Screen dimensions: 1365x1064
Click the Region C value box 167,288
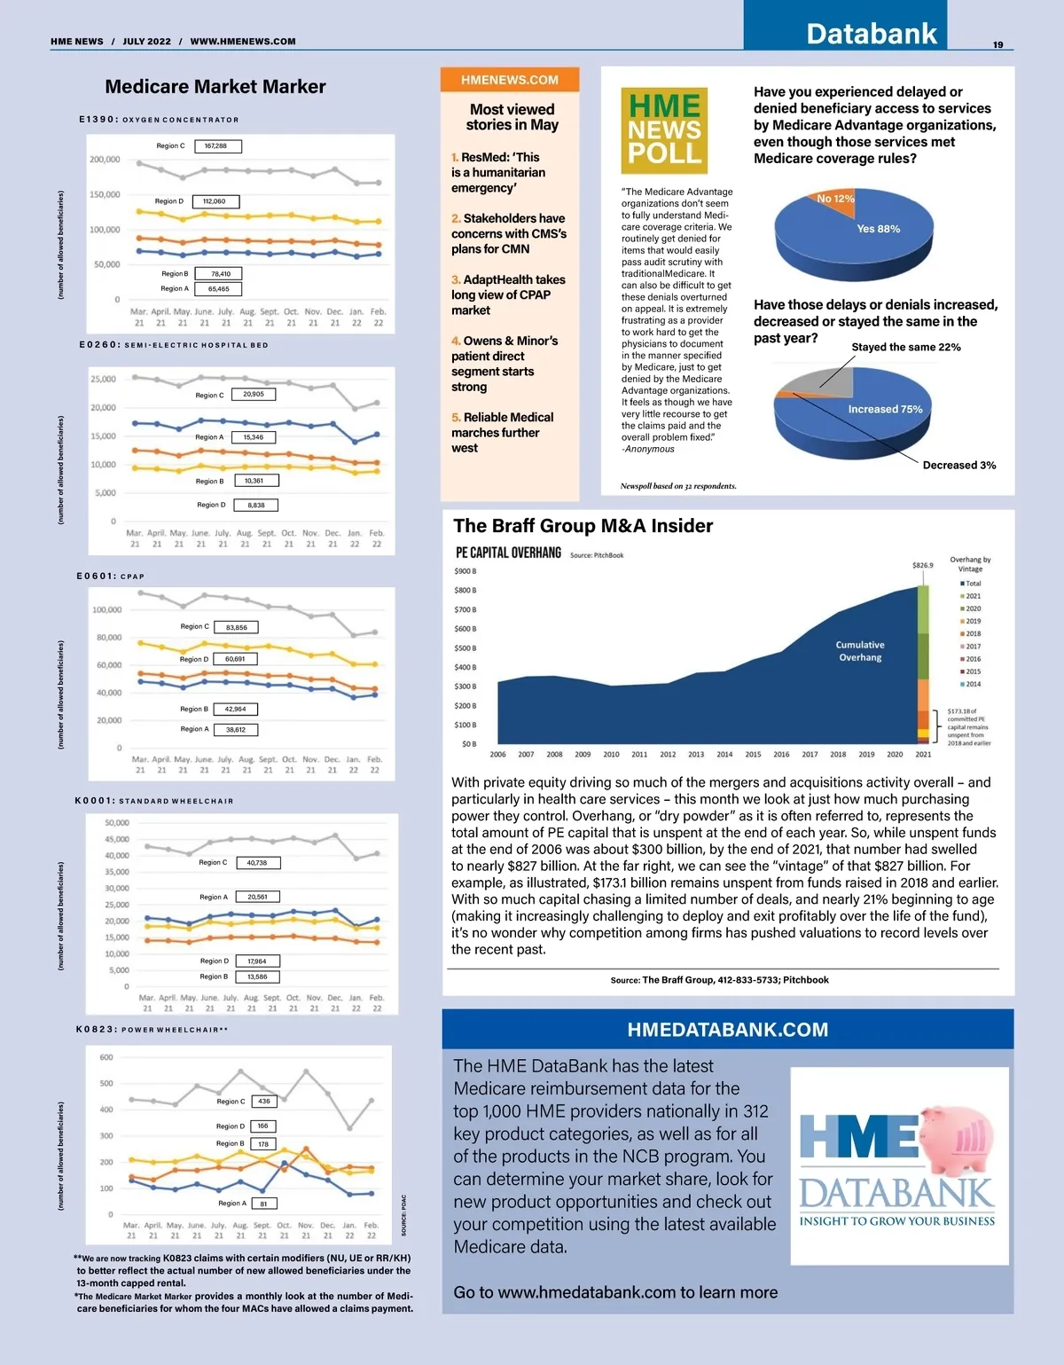click(216, 146)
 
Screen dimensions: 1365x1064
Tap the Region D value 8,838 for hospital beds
click(256, 506)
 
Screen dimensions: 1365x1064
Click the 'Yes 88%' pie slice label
click(878, 229)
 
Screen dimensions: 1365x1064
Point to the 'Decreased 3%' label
click(958, 465)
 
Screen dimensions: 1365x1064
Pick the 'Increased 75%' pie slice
click(884, 409)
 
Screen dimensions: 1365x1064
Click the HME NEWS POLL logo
click(664, 130)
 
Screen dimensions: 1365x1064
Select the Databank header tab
click(871, 34)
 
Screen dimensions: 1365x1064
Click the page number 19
click(997, 44)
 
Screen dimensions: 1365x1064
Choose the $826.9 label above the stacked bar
click(922, 565)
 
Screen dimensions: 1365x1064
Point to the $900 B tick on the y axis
click(465, 571)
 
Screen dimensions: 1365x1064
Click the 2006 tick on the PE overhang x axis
click(498, 755)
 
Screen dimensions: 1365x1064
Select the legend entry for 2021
click(972, 596)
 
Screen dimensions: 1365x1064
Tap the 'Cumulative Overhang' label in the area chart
click(860, 651)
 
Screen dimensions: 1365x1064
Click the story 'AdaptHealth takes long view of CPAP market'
click(507, 294)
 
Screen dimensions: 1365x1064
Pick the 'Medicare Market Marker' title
click(215, 87)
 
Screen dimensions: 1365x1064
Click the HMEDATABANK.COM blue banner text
click(727, 1030)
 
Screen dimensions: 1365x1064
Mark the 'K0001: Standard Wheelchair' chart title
click(154, 801)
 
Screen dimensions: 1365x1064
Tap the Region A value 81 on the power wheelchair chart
click(263, 1204)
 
